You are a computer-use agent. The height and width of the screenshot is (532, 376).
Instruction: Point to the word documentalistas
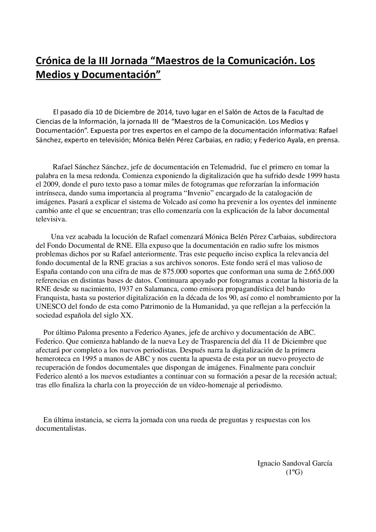61,429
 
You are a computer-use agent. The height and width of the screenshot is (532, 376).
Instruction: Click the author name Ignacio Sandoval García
295,464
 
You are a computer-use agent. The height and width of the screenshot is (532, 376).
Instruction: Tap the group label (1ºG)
294,472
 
